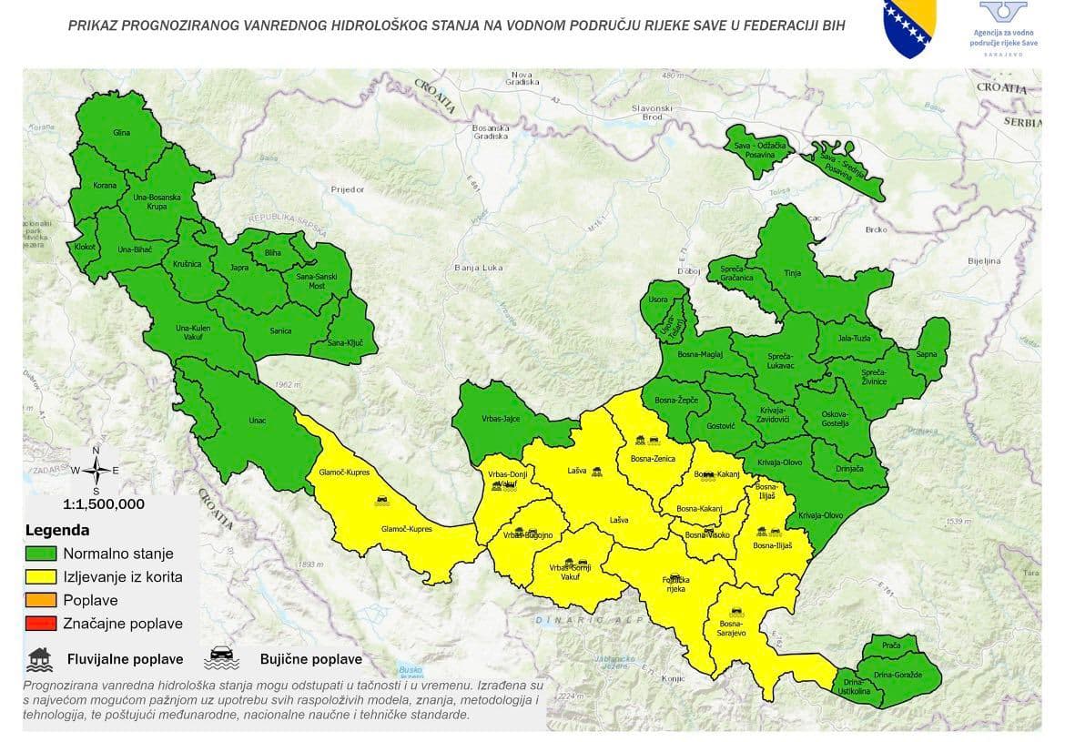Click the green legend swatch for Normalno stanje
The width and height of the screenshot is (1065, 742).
[x=42, y=553]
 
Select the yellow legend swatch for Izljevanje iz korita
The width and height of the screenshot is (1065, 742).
[x=42, y=576]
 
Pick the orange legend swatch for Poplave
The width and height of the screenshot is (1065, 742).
[x=42, y=600]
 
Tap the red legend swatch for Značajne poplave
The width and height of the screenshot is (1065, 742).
[x=42, y=624]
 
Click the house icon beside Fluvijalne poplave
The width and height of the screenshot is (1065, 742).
[x=39, y=657]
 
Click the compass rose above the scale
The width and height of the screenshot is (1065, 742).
[x=96, y=470]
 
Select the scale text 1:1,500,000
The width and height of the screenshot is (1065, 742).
[x=103, y=503]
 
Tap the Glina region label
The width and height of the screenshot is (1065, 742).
[x=121, y=133]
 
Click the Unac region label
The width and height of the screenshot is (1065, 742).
[x=258, y=422]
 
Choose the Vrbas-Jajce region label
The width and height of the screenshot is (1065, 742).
[x=499, y=420]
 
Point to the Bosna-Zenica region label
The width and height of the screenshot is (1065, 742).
[x=653, y=459]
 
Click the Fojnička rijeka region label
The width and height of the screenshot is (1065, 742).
[x=674, y=584]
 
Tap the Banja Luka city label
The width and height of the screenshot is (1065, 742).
[x=479, y=268]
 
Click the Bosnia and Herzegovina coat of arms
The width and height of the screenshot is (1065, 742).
[x=911, y=28]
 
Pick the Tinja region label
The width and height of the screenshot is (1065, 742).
[x=793, y=272]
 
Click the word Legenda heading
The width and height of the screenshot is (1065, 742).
[x=57, y=530]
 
